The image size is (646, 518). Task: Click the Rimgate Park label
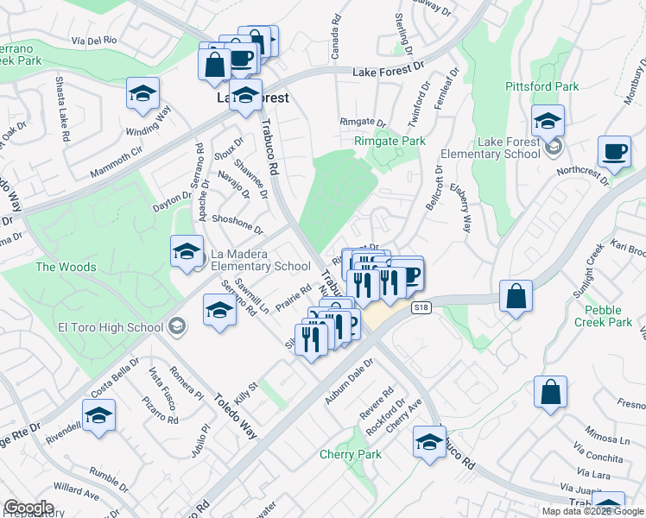pyautogui.click(x=389, y=141)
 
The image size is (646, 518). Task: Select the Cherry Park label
pyautogui.click(x=350, y=454)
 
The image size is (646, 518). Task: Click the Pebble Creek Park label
pyautogui.click(x=608, y=316)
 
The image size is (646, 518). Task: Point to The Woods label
pyautogui.click(x=66, y=267)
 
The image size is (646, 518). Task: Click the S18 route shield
pyautogui.click(x=421, y=306)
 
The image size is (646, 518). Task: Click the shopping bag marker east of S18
pyautogui.click(x=516, y=296)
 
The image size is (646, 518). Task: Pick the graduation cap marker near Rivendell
pyautogui.click(x=99, y=416)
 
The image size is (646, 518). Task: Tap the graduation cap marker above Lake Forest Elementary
pyautogui.click(x=548, y=121)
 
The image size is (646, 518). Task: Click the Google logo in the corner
pyautogui.click(x=29, y=508)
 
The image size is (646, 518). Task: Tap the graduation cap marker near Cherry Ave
pyautogui.click(x=429, y=442)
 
